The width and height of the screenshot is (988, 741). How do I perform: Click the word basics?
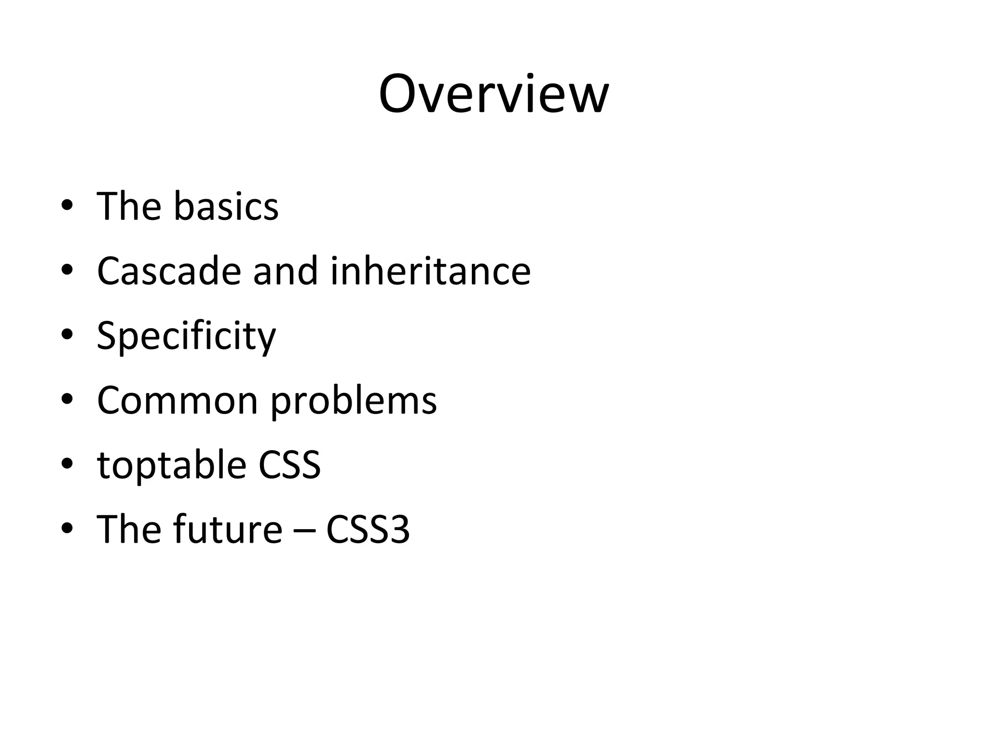click(226, 206)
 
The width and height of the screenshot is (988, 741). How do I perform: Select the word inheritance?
click(430, 271)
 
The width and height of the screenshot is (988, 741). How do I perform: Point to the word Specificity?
click(186, 337)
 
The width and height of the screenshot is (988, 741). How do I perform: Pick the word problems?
click(354, 401)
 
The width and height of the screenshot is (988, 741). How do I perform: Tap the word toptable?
click(172, 466)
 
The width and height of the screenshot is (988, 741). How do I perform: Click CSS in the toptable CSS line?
click(289, 465)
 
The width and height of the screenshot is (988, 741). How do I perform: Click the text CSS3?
click(368, 530)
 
